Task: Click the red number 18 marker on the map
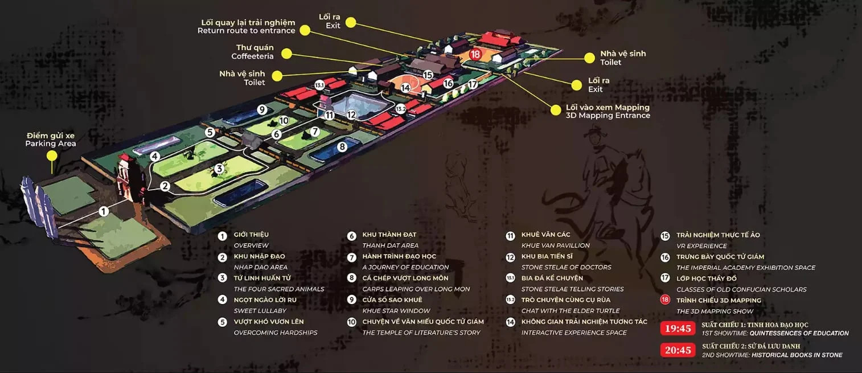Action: (475, 54)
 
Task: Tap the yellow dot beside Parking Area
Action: (52, 155)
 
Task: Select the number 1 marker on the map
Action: (104, 211)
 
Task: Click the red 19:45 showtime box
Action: (678, 329)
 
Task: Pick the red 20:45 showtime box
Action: (678, 350)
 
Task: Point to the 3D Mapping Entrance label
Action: (608, 116)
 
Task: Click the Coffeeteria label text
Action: (252, 56)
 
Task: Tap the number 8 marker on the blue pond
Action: (342, 146)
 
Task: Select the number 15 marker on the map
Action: (428, 75)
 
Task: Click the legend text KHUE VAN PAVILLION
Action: (555, 245)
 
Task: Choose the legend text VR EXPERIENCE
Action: (701, 245)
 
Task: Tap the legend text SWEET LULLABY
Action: (260, 310)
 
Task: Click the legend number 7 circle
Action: (351, 257)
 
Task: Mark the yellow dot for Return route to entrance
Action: (305, 30)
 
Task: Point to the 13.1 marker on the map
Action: (319, 85)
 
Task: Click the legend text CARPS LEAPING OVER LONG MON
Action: (416, 289)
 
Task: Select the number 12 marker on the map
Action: (351, 114)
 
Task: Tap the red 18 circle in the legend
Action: (665, 300)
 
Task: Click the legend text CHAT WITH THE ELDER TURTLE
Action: (570, 310)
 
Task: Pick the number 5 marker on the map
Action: (210, 132)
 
